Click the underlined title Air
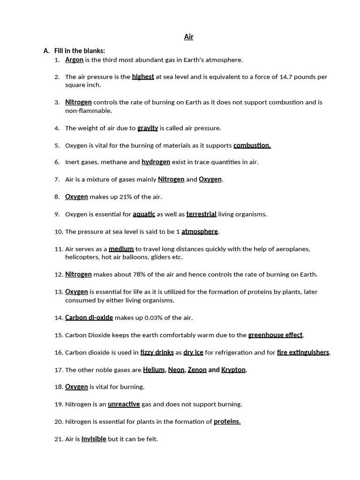(188, 37)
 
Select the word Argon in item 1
(74, 60)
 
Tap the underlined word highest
(143, 77)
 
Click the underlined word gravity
(148, 128)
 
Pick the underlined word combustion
(252, 145)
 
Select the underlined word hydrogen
(156, 162)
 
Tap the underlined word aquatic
(144, 214)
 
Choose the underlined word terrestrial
(201, 214)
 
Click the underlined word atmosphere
(200, 232)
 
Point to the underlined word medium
(121, 249)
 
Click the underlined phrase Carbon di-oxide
(89, 318)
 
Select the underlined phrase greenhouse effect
(275, 335)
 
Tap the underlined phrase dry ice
(193, 352)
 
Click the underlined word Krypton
(233, 370)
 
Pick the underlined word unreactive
(124, 404)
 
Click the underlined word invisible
(94, 439)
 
